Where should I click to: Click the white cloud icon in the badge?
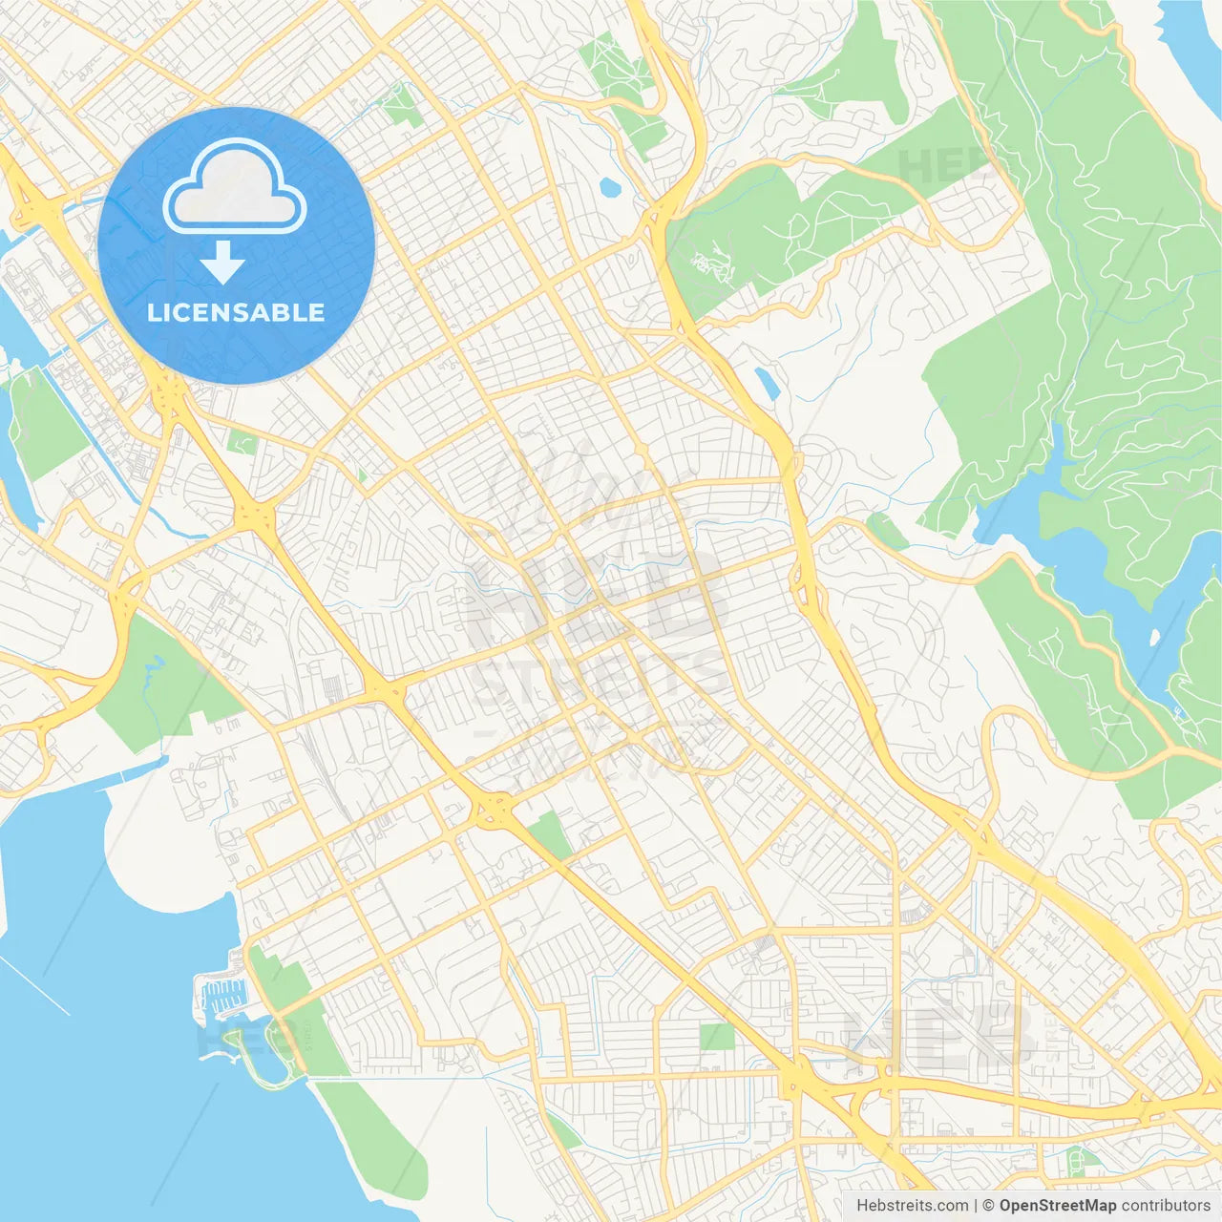(x=235, y=187)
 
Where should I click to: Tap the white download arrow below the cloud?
(x=222, y=262)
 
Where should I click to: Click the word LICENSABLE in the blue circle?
(x=236, y=312)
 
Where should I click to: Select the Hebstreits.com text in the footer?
(x=912, y=1206)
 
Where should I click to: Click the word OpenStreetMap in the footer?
(x=1058, y=1206)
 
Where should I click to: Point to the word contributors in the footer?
(x=1165, y=1206)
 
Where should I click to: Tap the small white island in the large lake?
(x=1154, y=636)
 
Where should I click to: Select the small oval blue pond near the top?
(x=609, y=186)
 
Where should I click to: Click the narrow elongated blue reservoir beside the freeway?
(x=765, y=382)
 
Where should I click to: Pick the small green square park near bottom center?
(x=717, y=1036)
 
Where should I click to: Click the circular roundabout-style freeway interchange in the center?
(x=493, y=812)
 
